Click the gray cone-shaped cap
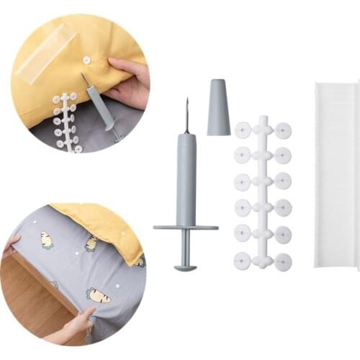pyautogui.click(x=219, y=107)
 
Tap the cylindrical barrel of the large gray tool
pyautogui.click(x=186, y=180)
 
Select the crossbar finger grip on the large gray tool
pyautogui.click(x=185, y=228)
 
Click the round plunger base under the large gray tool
pyautogui.click(x=185, y=268)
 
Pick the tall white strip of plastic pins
pyautogui.click(x=336, y=176)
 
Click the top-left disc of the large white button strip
pyautogui.click(x=243, y=130)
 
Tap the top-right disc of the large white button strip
pyautogui.click(x=283, y=130)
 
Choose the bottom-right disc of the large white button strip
pyautogui.click(x=283, y=261)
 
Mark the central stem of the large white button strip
pyautogui.click(x=263, y=194)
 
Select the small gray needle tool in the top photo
pyautogui.click(x=101, y=108)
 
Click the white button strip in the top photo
pyautogui.click(x=66, y=122)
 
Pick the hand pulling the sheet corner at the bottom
pyautogui.click(x=76, y=325)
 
